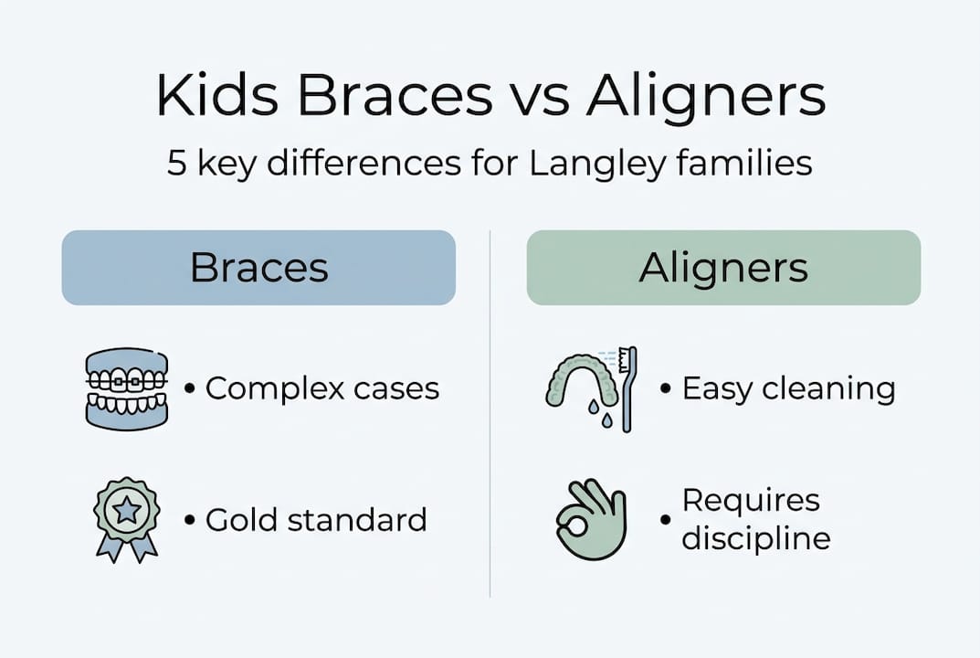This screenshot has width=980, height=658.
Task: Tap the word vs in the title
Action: pos(531,96)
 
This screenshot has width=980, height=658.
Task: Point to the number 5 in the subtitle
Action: pos(176,164)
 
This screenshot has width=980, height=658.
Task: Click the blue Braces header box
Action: pos(258,268)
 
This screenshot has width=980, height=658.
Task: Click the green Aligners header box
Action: pos(723,268)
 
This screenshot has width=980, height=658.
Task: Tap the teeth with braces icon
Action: pos(126,388)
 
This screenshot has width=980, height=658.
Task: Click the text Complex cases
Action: pos(321,388)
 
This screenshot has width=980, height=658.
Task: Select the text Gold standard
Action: pos(316,520)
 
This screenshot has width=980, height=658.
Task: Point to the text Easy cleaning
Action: pos(788,388)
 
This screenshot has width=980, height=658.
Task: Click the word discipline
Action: pos(756,538)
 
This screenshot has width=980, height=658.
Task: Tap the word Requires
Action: pos(751,501)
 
